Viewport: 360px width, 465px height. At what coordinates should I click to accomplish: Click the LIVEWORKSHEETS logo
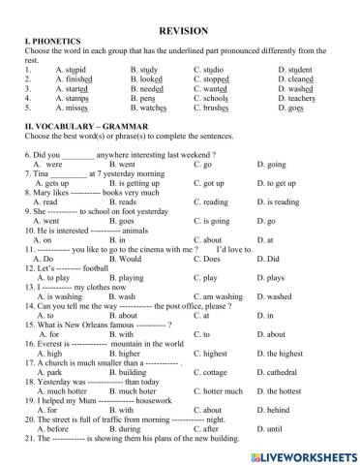click(x=309, y=453)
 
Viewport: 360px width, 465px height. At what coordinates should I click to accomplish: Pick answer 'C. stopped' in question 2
click(x=217, y=78)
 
